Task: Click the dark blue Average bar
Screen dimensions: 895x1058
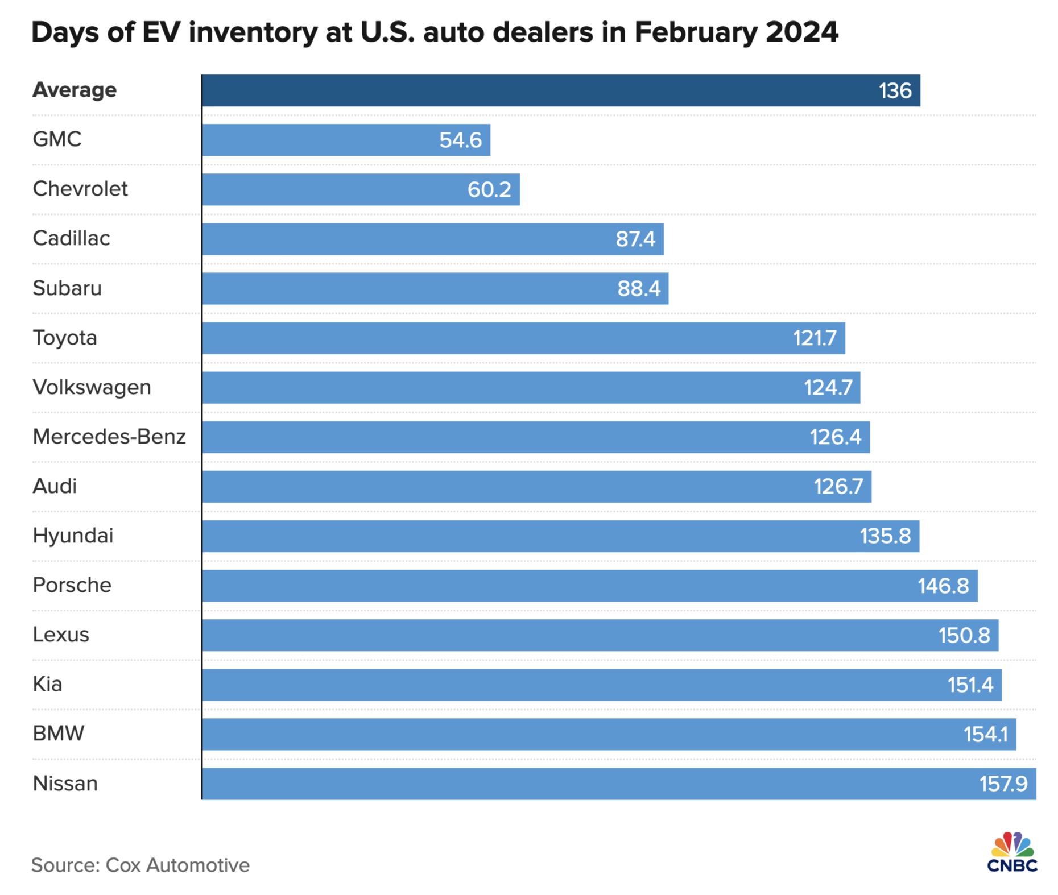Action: point(560,90)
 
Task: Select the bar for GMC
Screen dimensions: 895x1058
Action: point(346,140)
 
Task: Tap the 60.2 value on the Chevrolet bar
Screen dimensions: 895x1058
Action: point(489,189)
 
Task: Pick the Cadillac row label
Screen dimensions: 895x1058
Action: point(71,238)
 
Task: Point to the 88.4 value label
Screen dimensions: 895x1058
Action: point(639,288)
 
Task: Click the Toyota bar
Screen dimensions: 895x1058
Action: point(523,338)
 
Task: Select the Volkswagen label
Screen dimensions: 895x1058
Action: point(92,387)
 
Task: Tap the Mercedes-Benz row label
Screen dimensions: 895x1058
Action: point(109,437)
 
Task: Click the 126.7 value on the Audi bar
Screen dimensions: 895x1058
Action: point(838,486)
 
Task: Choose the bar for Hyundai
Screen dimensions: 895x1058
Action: point(560,536)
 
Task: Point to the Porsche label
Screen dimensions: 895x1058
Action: point(72,585)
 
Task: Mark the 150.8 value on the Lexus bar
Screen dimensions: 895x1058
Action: point(964,635)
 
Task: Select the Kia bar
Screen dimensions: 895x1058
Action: point(601,685)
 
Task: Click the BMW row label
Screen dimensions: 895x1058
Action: point(58,734)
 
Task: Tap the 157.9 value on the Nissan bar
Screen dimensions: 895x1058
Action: point(1003,784)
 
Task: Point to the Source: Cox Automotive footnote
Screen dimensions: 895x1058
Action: point(140,865)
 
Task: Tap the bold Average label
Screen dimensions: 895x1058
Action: point(75,90)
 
